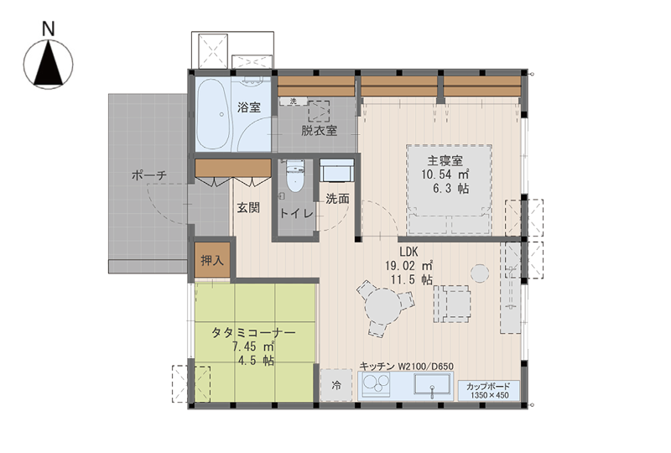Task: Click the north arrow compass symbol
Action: click(49, 65)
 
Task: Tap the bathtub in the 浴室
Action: click(214, 113)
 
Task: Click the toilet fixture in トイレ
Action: click(294, 176)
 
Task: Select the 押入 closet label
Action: click(212, 260)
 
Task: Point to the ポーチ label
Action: click(149, 175)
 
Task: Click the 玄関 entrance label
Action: click(248, 208)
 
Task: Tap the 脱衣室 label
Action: click(319, 130)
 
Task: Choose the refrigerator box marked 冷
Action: click(336, 385)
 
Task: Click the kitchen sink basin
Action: click(432, 384)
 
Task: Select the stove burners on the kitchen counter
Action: click(376, 383)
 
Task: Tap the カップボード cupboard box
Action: click(489, 390)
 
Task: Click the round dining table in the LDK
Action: click(384, 306)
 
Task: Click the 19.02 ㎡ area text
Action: click(408, 265)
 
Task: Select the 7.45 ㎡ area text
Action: click(253, 346)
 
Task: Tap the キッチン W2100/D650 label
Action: click(406, 367)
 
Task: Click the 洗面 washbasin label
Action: click(337, 199)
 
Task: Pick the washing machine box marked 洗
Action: click(293, 102)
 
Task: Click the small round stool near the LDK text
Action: click(480, 273)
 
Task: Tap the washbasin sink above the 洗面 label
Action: click(337, 171)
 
